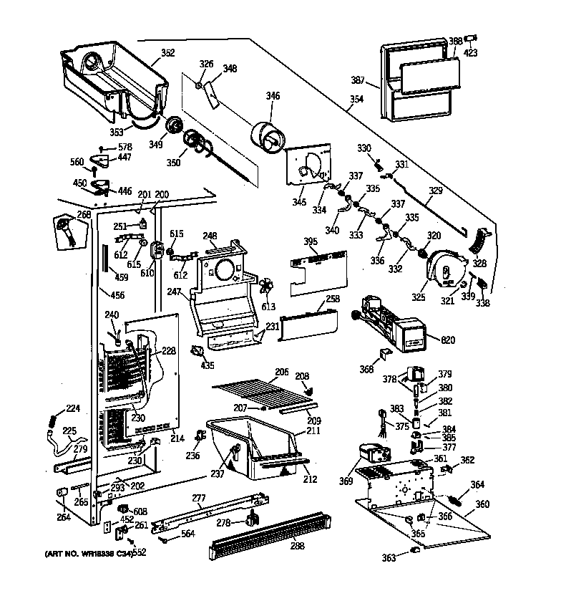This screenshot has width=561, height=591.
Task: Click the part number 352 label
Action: (167, 52)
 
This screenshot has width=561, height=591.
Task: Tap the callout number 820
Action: (449, 340)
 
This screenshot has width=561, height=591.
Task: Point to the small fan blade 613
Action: (266, 287)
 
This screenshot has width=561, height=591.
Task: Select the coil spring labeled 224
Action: (51, 424)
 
